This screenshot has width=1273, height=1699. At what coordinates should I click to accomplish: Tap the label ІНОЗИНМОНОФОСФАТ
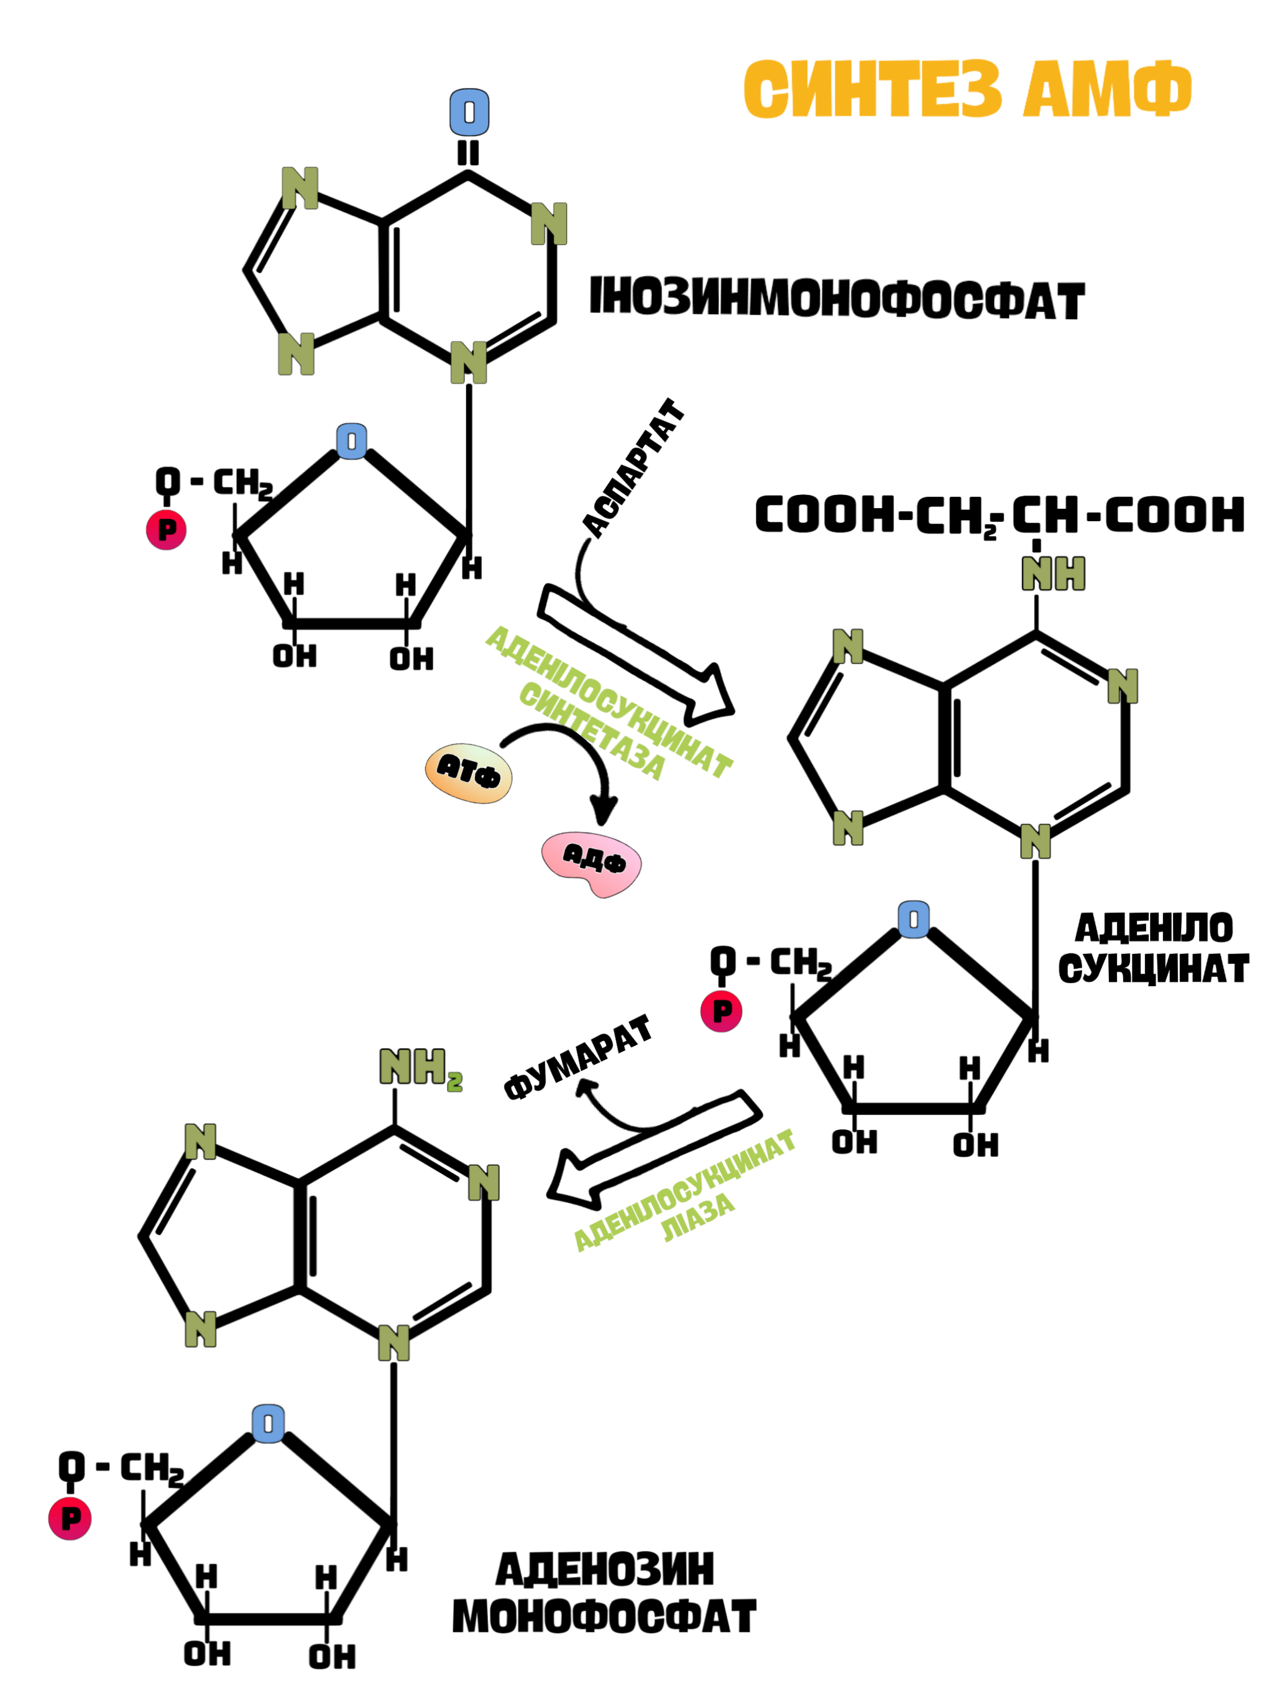coord(837,298)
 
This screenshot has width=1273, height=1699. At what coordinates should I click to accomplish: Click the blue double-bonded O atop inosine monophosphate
coord(469,112)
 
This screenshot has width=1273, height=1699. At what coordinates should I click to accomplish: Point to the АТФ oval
coord(468,772)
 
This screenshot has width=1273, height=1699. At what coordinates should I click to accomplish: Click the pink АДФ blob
coord(592,863)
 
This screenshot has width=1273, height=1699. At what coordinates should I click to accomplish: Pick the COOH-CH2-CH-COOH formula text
coord(999,515)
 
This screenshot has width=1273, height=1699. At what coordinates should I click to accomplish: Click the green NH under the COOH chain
coord(1052,573)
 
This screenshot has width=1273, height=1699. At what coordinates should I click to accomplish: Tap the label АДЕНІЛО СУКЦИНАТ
coord(1153,948)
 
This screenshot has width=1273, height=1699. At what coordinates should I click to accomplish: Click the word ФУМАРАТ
coord(577,1057)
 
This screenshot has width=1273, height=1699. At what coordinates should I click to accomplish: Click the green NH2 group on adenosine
coord(421,1068)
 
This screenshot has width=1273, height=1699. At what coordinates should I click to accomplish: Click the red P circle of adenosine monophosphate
coord(70,1519)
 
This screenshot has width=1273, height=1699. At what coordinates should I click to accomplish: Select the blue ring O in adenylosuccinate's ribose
coord(914,919)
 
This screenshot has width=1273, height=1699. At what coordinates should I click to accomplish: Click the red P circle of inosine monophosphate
coord(167,529)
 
